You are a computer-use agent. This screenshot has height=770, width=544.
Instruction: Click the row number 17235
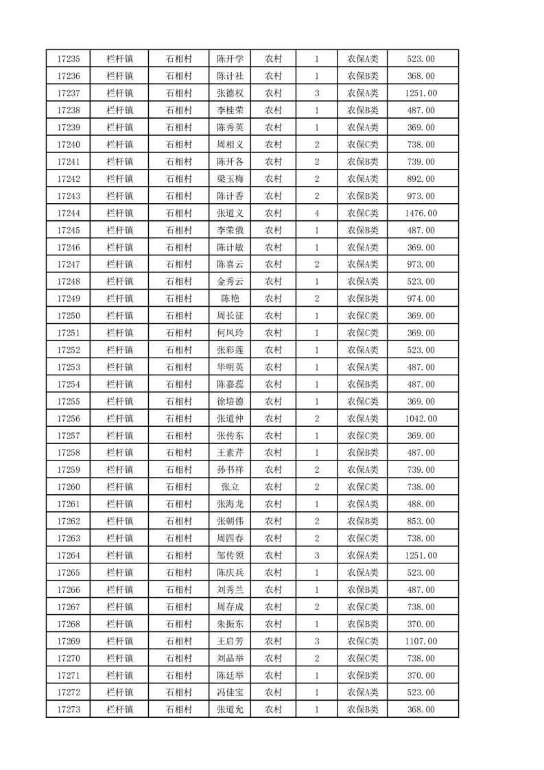[x=70, y=59]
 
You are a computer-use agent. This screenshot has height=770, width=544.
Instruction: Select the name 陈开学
[x=229, y=59]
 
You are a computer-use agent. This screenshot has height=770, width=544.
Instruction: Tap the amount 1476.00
[x=421, y=213]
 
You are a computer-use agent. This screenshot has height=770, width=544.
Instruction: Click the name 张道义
[x=229, y=213]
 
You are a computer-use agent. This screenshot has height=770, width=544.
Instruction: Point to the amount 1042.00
[x=421, y=419]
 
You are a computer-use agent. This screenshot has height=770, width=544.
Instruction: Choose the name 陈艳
[x=229, y=299]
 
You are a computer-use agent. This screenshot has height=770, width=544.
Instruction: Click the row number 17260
[x=70, y=487]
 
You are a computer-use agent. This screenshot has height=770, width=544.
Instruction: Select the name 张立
[x=229, y=487]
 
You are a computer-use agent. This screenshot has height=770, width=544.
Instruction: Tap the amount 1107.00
[x=421, y=641]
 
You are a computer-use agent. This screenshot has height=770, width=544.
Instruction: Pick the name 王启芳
[x=229, y=641]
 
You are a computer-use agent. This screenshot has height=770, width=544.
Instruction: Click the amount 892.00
[x=421, y=179]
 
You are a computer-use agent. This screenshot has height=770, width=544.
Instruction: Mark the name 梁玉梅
[x=229, y=179]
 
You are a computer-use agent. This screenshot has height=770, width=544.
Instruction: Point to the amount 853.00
[x=421, y=522]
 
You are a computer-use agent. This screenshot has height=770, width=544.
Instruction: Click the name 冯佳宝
[x=229, y=692]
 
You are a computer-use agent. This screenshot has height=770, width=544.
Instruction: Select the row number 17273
[x=70, y=710]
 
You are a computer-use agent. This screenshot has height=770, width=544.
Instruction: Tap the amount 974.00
[x=421, y=299]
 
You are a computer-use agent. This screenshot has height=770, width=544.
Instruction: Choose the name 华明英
[x=229, y=367]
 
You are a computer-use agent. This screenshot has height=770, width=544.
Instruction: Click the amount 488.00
[x=421, y=504]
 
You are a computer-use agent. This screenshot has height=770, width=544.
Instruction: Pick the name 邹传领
[x=229, y=555]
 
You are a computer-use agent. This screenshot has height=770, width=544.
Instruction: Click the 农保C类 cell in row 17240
[x=362, y=145]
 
